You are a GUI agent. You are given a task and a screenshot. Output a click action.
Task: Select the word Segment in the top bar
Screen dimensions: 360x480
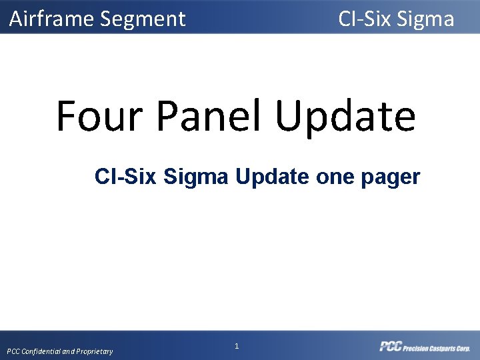[x=143, y=19]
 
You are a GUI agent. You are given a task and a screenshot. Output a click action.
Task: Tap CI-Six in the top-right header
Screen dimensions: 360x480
[x=364, y=19]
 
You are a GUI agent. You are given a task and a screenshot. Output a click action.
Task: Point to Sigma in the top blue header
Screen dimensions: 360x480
[x=425, y=19]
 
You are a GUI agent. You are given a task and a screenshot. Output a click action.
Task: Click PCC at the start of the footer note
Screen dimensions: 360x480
[x=14, y=351]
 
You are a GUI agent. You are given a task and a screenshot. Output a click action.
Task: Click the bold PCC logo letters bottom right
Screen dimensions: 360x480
[x=390, y=346]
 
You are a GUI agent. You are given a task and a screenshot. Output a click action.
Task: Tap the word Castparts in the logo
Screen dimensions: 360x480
[x=443, y=347]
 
